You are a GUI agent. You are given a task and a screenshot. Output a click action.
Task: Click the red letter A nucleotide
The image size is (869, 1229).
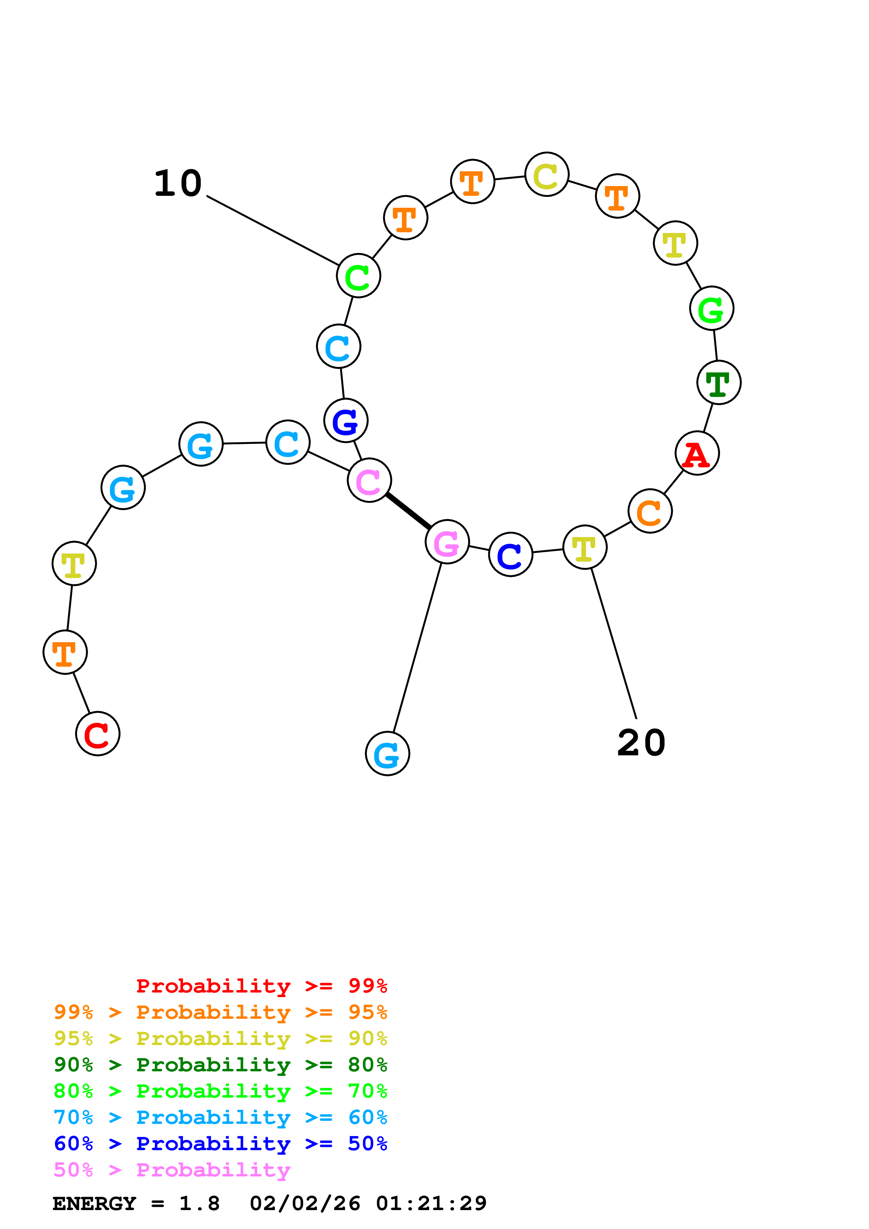point(697,453)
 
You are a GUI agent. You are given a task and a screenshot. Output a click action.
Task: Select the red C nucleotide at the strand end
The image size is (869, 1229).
point(97,734)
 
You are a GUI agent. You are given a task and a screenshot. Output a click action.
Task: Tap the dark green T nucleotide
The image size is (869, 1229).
point(719,383)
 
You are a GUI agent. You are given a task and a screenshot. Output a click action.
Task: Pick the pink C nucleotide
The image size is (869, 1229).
point(369,480)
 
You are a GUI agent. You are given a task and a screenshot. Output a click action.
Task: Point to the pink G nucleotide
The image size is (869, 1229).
point(447,542)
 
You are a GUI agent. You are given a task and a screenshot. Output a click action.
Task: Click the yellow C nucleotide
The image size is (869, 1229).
point(546,174)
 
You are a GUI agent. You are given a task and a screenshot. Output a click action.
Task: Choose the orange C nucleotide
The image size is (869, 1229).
point(650,511)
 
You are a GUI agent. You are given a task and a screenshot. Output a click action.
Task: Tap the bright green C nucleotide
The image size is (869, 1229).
point(358,276)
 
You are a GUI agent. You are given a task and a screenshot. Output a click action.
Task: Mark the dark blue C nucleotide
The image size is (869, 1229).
point(510,555)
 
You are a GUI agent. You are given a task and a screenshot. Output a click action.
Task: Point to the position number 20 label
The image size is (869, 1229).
point(641,743)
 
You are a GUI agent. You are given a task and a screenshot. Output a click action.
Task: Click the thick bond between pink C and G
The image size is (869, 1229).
point(408,511)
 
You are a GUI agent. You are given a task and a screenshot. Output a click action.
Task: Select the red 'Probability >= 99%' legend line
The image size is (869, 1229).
point(261,986)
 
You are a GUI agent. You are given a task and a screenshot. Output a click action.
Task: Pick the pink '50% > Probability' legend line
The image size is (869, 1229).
point(172,1169)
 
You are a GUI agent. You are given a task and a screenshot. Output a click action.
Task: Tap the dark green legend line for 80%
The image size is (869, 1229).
point(220,1065)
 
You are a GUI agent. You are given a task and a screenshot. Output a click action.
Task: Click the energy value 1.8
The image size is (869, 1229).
point(199,1203)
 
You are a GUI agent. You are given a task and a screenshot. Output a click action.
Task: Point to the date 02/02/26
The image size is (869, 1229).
point(305,1203)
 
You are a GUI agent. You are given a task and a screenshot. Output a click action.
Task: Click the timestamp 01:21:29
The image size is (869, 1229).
point(431,1203)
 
